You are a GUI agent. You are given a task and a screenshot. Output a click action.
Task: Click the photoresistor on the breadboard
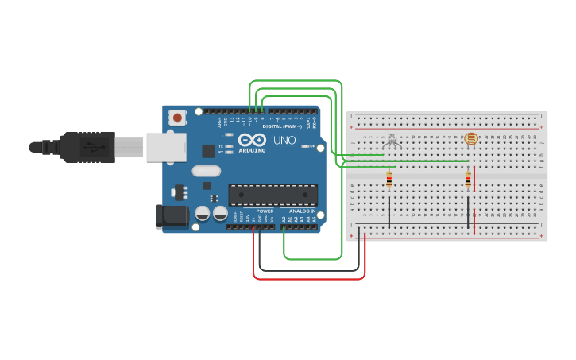[470, 140]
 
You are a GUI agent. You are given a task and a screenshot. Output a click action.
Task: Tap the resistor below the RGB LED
[389, 180]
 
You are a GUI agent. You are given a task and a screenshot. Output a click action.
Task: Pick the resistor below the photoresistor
[468, 180]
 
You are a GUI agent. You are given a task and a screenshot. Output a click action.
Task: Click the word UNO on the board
[284, 141]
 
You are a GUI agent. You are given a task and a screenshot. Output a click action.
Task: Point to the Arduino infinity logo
[252, 140]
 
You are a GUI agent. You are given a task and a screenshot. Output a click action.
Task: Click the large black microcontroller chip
[273, 195]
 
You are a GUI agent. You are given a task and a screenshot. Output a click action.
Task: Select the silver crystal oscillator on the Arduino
[206, 170]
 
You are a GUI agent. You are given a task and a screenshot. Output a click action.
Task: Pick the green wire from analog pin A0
[313, 258]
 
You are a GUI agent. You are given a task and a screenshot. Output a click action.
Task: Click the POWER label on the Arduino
[265, 211]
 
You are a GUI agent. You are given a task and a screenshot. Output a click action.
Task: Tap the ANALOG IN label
[301, 211]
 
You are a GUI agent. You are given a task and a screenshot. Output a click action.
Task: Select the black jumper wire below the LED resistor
[389, 212]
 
